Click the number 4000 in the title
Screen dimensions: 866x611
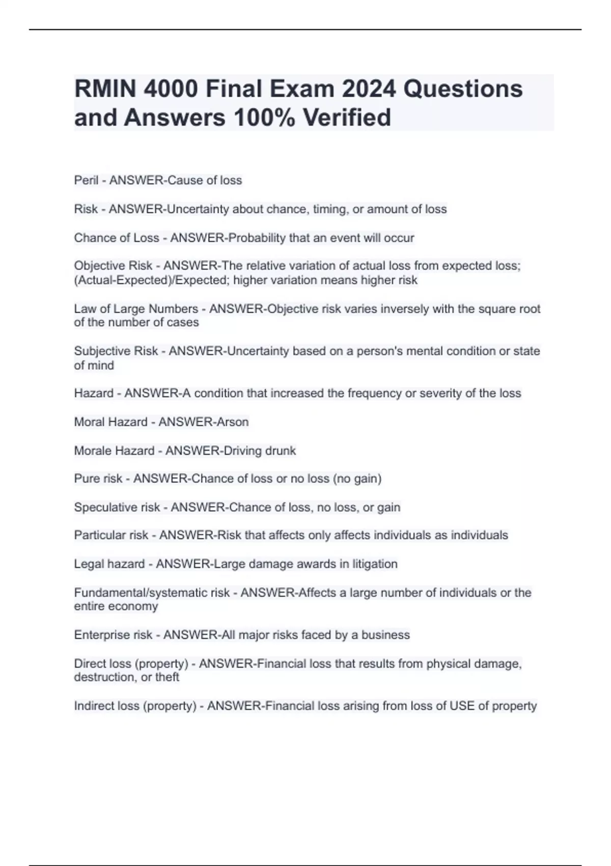tap(171, 89)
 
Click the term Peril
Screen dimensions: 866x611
tap(86, 180)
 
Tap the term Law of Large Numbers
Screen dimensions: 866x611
tap(136, 309)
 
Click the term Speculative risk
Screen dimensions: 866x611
tap(117, 507)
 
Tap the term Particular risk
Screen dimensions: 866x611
tap(111, 535)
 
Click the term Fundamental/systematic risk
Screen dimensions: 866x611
tap(152, 592)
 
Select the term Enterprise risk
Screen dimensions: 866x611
tap(113, 635)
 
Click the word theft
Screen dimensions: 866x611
tap(167, 677)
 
